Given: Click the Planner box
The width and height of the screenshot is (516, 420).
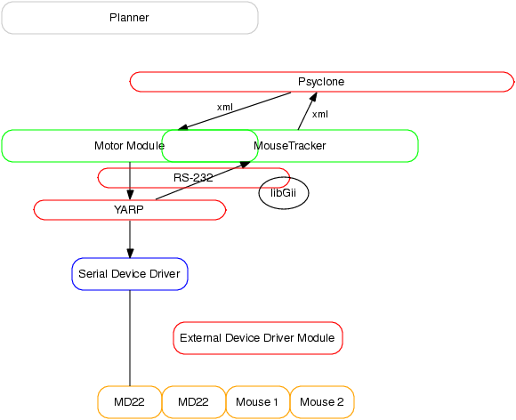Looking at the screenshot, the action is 130,18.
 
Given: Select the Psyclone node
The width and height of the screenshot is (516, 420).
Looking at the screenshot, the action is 321,82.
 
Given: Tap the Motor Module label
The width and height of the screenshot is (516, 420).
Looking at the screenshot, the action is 129,145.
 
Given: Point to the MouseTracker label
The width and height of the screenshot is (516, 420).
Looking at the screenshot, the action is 290,145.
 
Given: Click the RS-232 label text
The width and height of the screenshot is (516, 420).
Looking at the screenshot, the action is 193,178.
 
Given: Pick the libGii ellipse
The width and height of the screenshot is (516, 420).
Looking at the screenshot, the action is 284,193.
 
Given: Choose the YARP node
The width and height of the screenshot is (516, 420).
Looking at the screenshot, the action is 130,210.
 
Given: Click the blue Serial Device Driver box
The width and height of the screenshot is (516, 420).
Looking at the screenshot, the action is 130,274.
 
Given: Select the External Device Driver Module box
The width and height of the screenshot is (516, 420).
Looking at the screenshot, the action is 258,338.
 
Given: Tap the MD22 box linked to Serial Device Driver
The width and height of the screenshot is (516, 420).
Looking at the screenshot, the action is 130,402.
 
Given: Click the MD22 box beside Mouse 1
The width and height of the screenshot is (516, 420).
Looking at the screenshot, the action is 194,402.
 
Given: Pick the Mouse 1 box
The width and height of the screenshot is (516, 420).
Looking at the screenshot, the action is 258,402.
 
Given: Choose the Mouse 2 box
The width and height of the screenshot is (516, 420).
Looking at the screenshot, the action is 322,402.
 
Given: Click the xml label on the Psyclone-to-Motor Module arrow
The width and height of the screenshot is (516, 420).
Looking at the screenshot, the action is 225,107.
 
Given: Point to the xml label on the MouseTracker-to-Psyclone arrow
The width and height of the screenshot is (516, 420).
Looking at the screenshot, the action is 320,114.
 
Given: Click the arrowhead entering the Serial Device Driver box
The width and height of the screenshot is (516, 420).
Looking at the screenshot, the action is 130,253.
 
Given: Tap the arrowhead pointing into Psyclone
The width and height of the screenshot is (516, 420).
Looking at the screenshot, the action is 313,97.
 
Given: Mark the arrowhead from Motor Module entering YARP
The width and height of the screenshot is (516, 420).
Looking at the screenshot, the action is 130,195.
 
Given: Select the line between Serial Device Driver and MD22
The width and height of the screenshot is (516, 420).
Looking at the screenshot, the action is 130,338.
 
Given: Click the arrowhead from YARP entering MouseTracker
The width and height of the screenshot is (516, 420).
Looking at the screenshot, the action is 246,165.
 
